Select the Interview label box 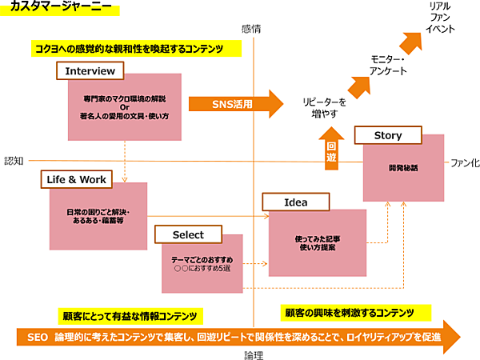(x=90, y=71)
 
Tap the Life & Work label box (x=76, y=181)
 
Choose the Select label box (x=189, y=235)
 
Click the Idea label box (x=296, y=203)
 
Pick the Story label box (x=388, y=135)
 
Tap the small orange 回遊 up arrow (x=331, y=149)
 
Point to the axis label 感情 (x=252, y=28)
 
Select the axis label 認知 (x=14, y=161)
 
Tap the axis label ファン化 (x=465, y=162)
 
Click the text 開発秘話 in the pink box (x=403, y=168)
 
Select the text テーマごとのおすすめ (x=202, y=261)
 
